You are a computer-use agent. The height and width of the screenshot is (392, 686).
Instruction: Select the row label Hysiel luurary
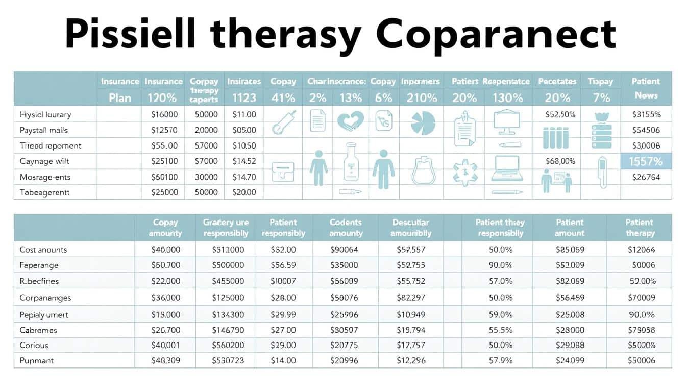click(45, 115)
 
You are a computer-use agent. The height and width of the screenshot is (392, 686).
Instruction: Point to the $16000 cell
click(164, 115)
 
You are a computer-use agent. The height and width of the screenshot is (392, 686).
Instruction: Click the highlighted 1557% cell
click(646, 162)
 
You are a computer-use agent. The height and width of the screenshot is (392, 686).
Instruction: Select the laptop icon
click(507, 169)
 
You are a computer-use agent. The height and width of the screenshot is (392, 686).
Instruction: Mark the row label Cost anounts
click(43, 250)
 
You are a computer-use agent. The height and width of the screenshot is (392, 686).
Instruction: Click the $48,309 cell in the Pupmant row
click(166, 360)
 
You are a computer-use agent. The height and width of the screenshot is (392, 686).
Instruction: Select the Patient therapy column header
click(639, 228)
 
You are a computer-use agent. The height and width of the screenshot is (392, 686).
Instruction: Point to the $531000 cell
click(228, 250)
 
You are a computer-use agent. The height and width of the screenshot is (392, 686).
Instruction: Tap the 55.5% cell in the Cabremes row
click(500, 330)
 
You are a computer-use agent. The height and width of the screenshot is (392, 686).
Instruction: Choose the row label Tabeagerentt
click(45, 192)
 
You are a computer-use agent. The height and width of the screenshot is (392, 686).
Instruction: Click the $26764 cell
click(646, 177)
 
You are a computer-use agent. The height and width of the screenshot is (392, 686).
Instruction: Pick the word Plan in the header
click(120, 97)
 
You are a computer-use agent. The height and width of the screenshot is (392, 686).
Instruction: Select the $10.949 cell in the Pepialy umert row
click(411, 315)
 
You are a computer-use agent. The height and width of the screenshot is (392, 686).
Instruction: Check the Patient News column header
click(646, 88)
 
